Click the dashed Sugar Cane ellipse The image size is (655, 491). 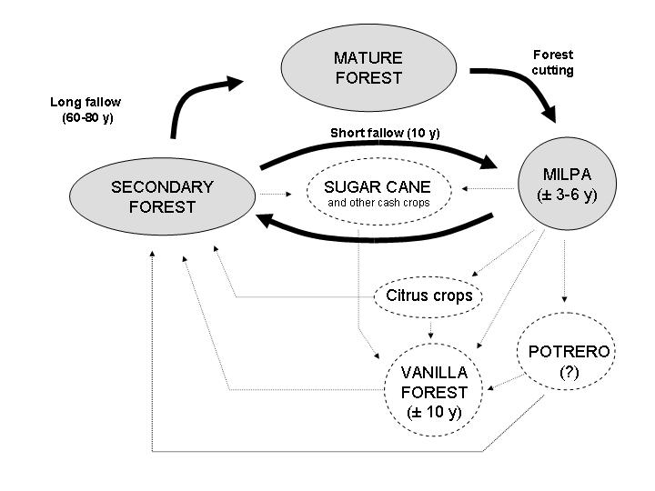point(378,194)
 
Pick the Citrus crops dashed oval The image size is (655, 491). point(429,296)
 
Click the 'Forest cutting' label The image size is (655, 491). point(553,63)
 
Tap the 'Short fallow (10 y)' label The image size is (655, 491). point(384,133)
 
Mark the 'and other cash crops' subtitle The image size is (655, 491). point(378,202)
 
